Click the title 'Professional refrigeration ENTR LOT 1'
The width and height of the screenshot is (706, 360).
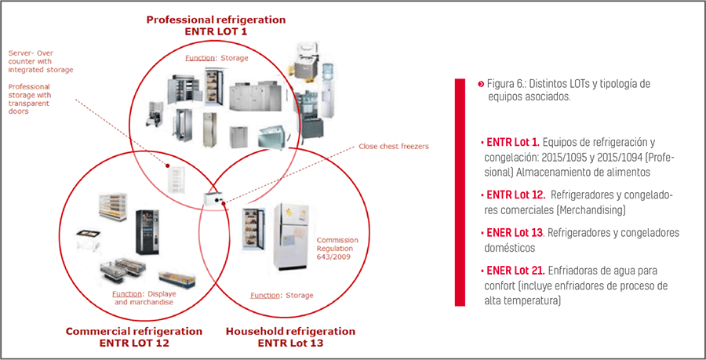[x=216, y=25]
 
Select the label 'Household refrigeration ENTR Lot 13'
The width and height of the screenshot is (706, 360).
[x=290, y=336]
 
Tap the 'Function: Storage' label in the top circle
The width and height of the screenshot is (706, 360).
[x=216, y=59]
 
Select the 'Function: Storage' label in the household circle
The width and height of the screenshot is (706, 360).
[x=282, y=296]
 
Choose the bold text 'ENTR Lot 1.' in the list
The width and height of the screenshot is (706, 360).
[x=513, y=143]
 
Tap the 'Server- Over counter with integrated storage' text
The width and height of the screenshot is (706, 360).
[x=41, y=62]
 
